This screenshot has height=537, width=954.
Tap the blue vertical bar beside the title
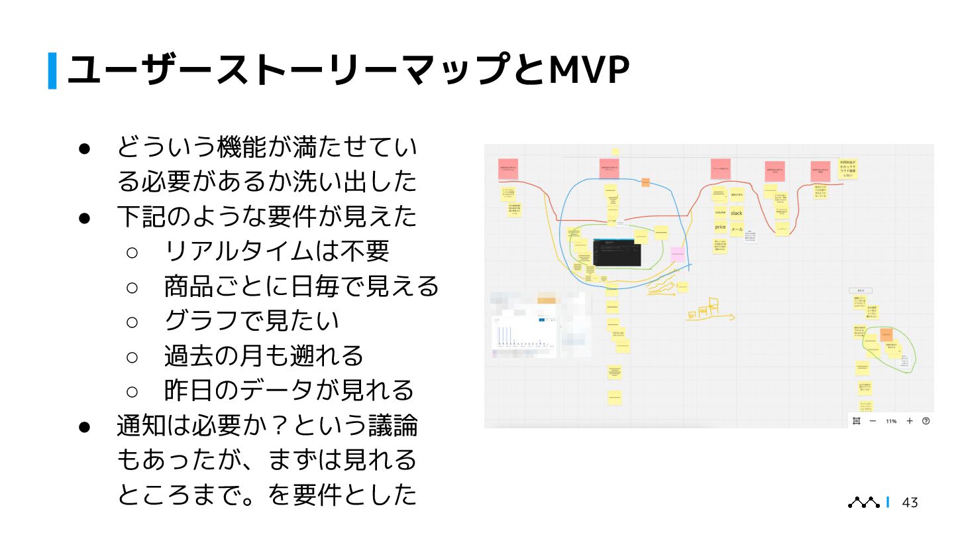(52, 70)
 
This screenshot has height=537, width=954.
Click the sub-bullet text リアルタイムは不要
(276, 251)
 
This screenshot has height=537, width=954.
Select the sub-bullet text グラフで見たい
(252, 320)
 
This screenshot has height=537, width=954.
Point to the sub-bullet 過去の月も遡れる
(264, 355)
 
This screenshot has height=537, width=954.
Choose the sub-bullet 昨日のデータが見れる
(289, 390)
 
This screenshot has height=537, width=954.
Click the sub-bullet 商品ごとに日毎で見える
(301, 286)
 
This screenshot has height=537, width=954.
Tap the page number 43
(910, 503)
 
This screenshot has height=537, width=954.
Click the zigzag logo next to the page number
(864, 503)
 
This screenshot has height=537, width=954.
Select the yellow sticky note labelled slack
(737, 213)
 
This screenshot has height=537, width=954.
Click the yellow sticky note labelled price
(720, 227)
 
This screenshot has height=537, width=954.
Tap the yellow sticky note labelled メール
(737, 229)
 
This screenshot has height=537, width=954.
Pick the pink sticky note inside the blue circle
(677, 254)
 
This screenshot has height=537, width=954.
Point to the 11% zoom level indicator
(891, 421)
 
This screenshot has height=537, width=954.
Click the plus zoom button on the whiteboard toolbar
(910, 421)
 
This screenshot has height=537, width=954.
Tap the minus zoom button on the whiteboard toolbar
(873, 421)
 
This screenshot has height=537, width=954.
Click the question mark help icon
(926, 421)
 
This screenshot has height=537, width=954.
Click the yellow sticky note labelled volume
(720, 212)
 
